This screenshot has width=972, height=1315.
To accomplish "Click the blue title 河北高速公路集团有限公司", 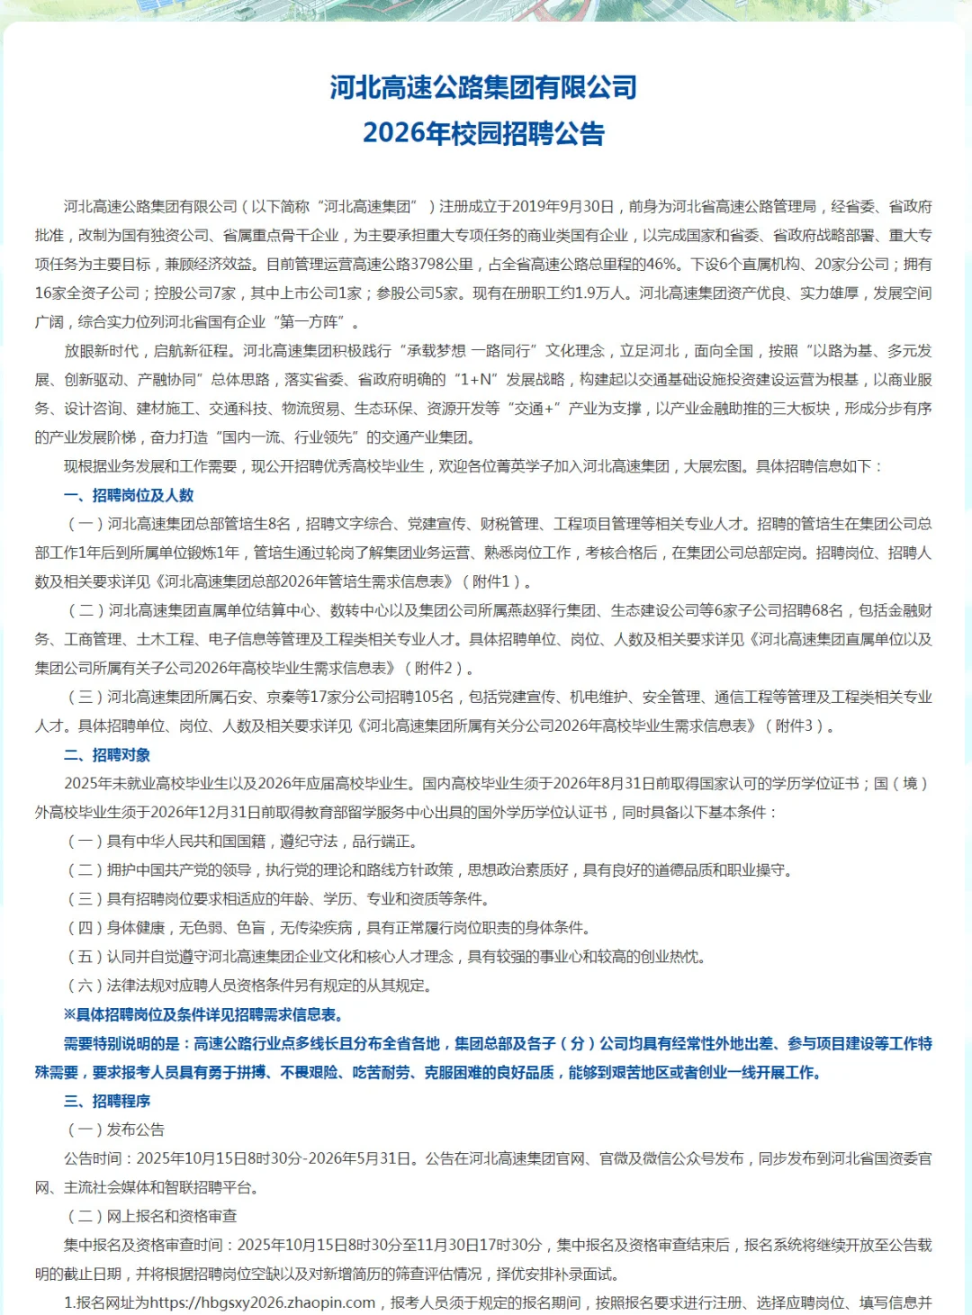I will click(483, 87).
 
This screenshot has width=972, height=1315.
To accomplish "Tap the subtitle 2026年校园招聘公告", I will click(483, 133).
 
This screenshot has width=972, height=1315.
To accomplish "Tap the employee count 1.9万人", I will click(605, 293).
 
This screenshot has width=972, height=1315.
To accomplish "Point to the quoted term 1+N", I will click(474, 379).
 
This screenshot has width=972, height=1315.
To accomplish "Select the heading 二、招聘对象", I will click(107, 754).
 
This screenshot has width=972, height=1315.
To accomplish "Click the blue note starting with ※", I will click(203, 1014).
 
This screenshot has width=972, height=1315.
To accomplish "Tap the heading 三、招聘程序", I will click(107, 1101).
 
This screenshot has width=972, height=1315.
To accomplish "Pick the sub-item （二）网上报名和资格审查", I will click(152, 1216).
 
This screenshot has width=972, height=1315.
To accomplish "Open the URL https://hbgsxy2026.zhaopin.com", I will click(262, 1302).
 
